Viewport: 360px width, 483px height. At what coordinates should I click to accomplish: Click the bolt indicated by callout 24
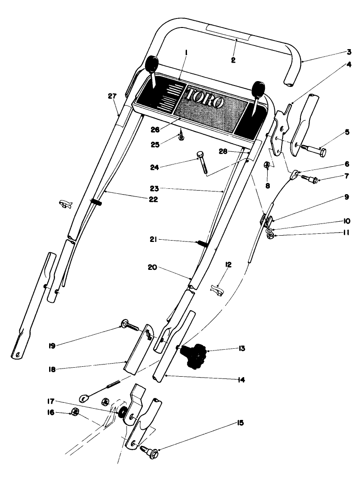coord(203,164)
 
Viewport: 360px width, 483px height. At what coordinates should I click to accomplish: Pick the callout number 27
coord(113,96)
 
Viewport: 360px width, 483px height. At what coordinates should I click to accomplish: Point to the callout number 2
coord(233,59)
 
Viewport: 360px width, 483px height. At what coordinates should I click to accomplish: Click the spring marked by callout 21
coord(203,244)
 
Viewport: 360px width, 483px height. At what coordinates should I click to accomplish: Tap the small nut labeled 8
coord(267,165)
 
